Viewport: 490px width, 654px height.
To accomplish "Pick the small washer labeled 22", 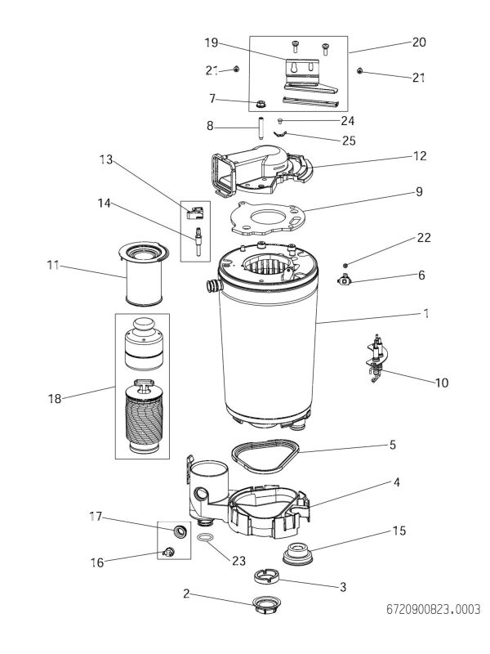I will coord(345,265).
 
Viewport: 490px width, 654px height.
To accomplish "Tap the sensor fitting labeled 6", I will coord(347,280).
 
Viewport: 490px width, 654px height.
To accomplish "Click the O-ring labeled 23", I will coord(207,539).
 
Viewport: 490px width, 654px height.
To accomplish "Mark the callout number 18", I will coord(53,399).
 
